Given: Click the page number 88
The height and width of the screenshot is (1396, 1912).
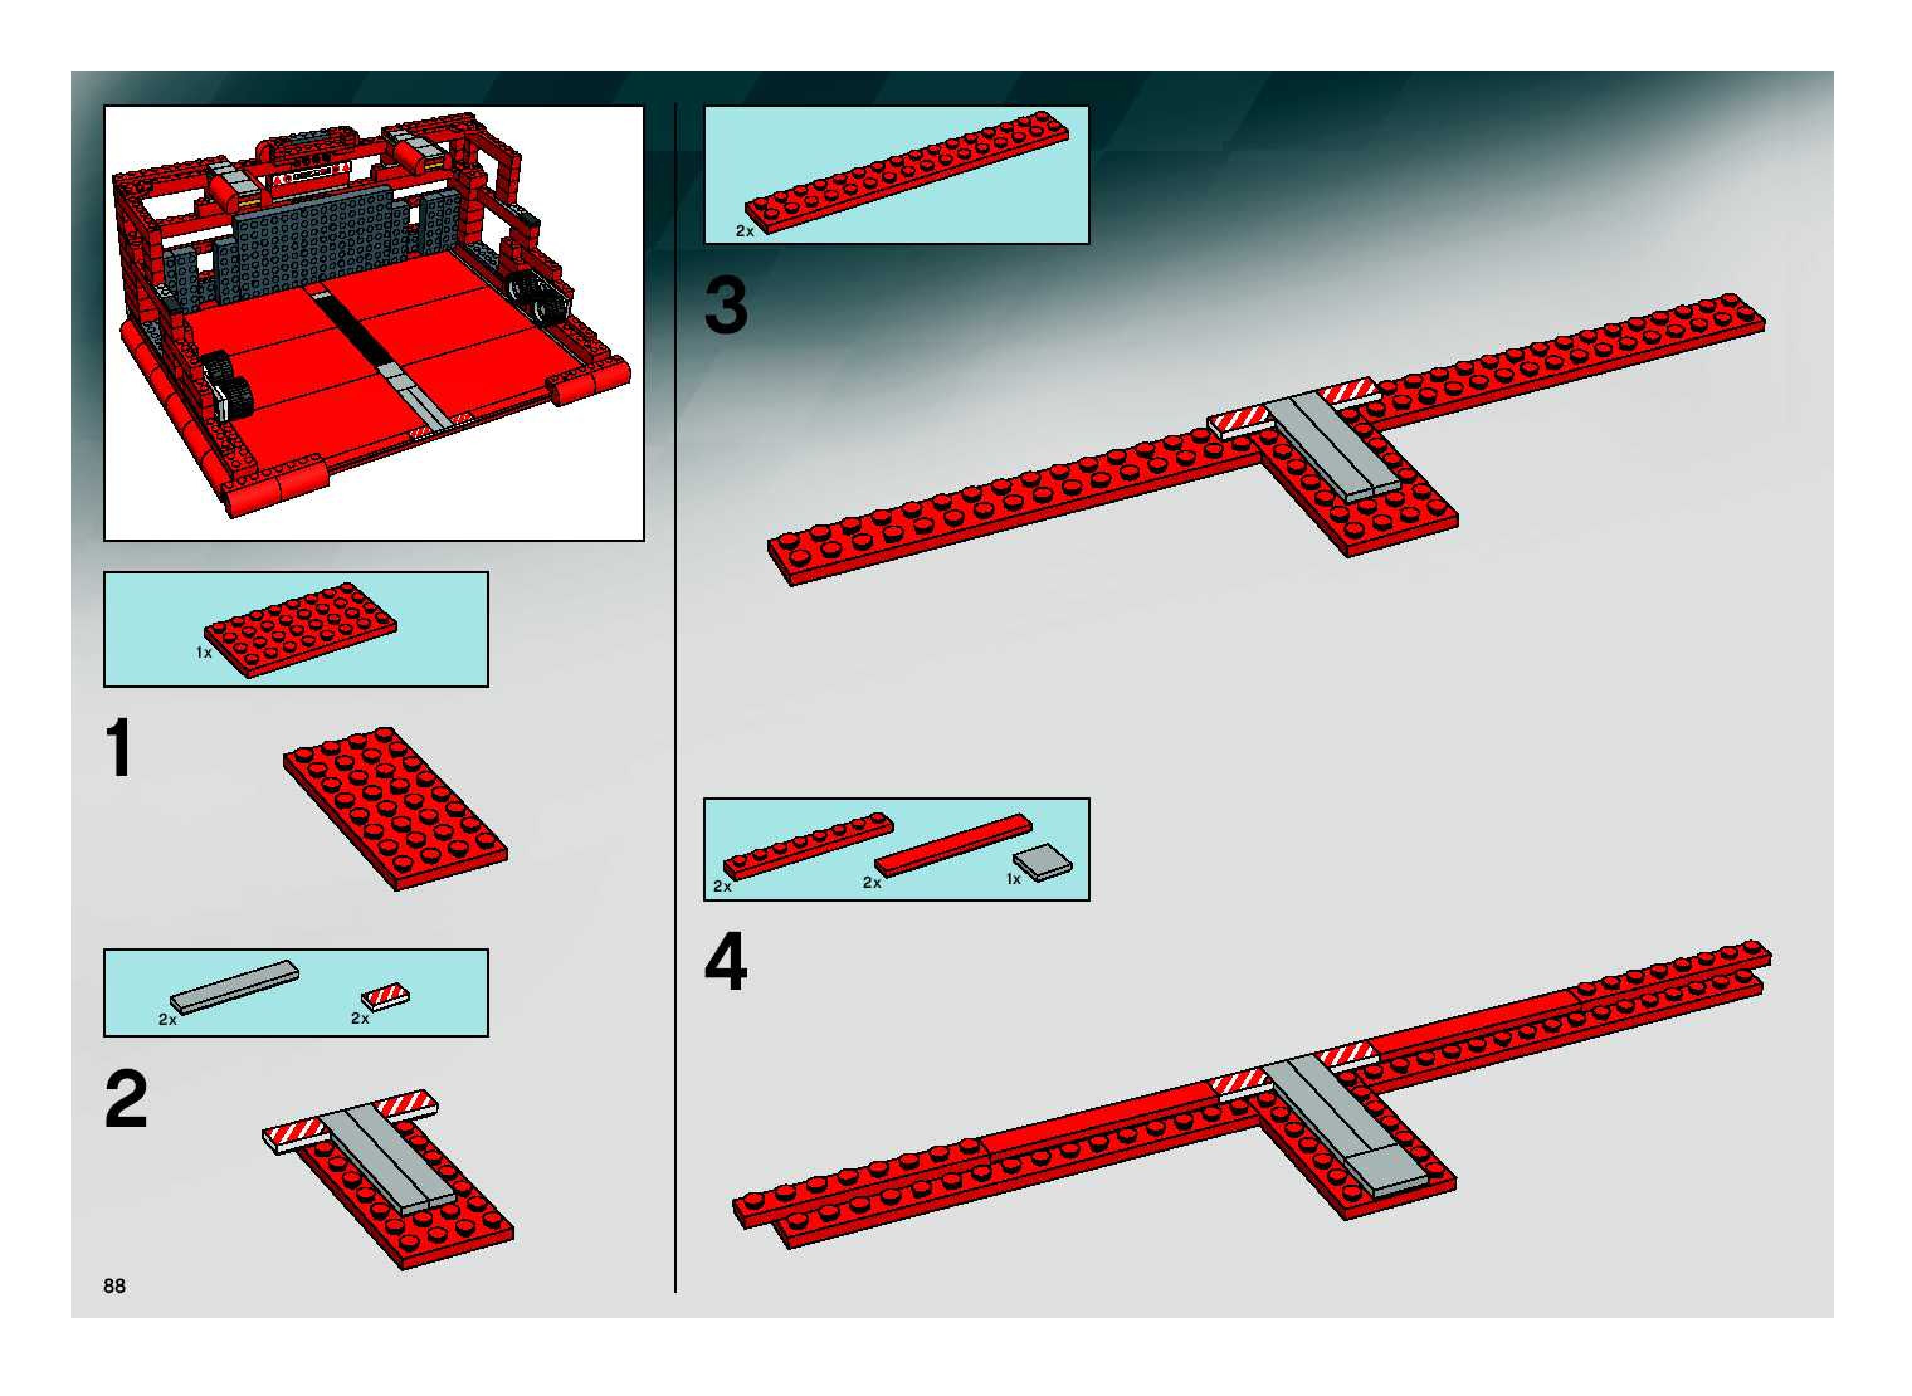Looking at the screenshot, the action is click(x=114, y=1285).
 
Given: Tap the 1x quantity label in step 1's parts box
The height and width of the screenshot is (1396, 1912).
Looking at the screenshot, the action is click(x=204, y=652).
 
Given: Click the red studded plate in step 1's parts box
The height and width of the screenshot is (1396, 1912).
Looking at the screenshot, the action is click(x=300, y=629).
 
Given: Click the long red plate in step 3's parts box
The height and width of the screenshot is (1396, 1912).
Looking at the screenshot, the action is click(x=907, y=179).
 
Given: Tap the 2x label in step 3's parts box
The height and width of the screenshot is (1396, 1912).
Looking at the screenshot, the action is click(x=745, y=231).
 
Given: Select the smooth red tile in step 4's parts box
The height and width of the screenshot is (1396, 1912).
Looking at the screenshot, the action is click(x=953, y=845).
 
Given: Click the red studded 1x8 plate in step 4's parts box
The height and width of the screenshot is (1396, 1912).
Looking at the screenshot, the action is click(x=808, y=846).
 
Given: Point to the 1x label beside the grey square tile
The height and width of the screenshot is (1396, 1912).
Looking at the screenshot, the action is click(x=1013, y=879).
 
